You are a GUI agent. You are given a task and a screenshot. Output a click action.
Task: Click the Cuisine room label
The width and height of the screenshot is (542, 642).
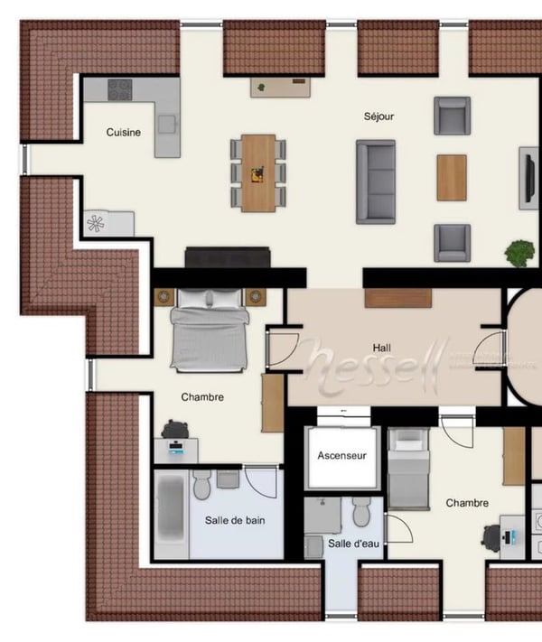point(124,133)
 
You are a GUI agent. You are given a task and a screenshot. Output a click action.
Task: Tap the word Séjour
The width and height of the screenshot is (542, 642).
point(378,116)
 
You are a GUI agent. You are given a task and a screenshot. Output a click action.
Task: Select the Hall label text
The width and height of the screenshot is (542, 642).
point(381,348)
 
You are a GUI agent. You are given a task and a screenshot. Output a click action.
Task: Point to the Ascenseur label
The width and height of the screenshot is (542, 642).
point(341,456)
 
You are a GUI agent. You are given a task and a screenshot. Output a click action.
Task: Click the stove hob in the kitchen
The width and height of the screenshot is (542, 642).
point(120,89)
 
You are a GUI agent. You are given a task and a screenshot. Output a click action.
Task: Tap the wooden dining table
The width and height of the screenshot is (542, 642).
point(257,172)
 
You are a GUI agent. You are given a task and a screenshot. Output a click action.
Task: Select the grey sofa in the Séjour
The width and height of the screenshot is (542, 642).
point(375,181)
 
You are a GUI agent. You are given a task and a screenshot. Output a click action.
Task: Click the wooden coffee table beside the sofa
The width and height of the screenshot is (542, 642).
point(452,177)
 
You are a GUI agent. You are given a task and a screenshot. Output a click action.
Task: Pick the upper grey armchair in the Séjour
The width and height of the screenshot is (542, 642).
point(452,115)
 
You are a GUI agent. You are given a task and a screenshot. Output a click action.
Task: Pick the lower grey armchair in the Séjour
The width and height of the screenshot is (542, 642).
point(452,243)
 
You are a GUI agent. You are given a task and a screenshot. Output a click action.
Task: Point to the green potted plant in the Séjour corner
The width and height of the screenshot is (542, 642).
point(519,253)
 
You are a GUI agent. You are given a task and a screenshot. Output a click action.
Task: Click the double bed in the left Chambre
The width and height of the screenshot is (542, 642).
point(209,330)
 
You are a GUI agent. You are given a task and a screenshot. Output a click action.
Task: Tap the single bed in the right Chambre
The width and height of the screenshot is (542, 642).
point(408,470)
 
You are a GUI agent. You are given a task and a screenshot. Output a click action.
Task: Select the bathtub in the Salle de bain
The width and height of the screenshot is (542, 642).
point(171,513)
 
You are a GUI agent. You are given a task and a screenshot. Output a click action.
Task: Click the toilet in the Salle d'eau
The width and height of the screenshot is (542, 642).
point(361,512)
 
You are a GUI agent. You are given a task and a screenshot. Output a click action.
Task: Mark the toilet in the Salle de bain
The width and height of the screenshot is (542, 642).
point(201,483)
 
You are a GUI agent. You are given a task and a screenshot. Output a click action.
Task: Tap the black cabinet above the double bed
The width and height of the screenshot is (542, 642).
point(228,257)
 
